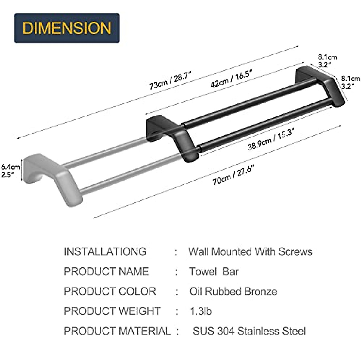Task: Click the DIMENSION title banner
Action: click(67, 28)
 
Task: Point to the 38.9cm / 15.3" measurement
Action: click(271, 139)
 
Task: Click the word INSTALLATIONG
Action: click(105, 251)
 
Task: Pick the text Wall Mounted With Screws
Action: click(250, 251)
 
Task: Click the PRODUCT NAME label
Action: click(106, 271)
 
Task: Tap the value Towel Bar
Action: click(214, 271)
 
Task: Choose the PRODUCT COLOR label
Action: click(110, 291)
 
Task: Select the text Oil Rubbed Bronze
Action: click(233, 291)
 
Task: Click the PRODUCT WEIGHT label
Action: click(112, 311)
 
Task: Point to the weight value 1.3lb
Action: click(201, 311)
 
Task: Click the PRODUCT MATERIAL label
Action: click(117, 331)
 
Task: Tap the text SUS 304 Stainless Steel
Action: click(249, 331)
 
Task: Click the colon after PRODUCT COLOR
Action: click(177, 292)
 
